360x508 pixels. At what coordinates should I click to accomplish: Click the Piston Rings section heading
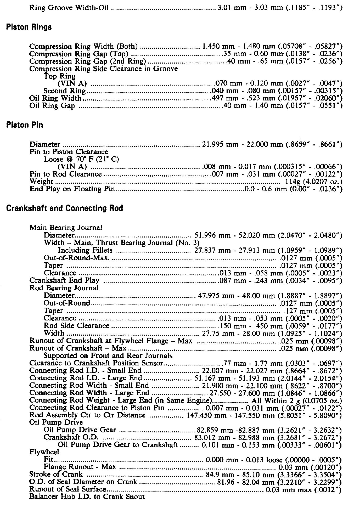(29, 27)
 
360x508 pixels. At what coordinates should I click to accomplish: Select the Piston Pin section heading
(24, 125)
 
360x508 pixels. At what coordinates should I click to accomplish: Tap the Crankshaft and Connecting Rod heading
(64, 208)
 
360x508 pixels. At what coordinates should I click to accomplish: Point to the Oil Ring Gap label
(52, 106)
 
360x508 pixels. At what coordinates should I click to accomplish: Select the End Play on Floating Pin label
(72, 189)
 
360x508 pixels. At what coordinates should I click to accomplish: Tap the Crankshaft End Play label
(64, 280)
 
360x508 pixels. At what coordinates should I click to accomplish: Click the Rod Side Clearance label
(76, 326)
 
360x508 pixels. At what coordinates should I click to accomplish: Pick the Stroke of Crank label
(56, 474)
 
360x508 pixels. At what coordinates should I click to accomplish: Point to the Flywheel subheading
(44, 452)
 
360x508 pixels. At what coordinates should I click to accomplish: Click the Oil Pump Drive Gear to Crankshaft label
(118, 444)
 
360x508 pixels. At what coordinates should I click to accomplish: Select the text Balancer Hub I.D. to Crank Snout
(87, 496)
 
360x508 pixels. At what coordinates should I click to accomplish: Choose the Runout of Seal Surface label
(67, 489)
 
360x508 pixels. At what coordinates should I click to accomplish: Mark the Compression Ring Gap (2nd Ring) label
(87, 61)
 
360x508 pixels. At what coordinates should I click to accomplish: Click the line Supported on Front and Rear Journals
(108, 356)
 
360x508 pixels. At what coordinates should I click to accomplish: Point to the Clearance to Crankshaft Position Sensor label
(96, 363)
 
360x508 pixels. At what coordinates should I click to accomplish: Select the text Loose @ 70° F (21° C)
(81, 159)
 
